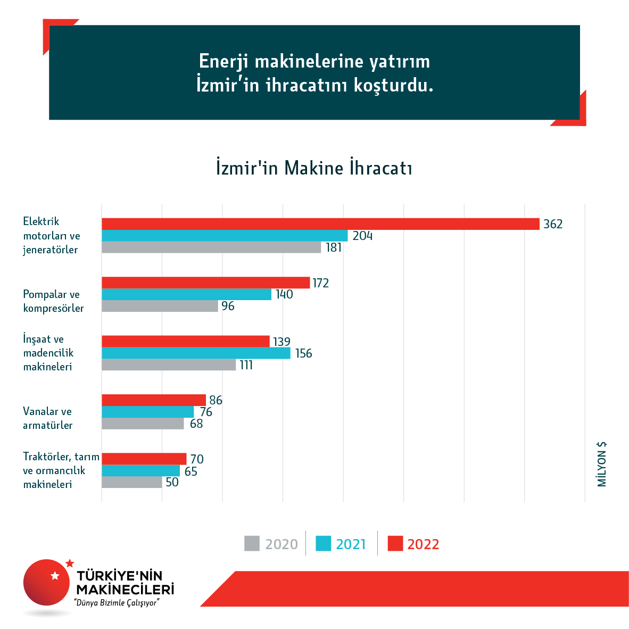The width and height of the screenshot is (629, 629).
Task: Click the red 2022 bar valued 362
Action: [320, 224]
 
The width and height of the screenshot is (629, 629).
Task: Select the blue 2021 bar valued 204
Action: [225, 236]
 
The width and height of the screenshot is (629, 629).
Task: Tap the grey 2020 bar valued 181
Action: [211, 247]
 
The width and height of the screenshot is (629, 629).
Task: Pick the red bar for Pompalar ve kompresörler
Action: [205, 283]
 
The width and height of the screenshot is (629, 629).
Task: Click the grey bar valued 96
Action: [160, 306]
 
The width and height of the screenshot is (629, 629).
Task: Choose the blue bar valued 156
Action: [196, 353]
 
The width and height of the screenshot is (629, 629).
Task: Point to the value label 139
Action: [282, 342]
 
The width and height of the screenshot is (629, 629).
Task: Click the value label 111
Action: [246, 365]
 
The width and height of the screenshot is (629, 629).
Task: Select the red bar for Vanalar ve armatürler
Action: [154, 400]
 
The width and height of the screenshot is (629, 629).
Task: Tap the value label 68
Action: [196, 424]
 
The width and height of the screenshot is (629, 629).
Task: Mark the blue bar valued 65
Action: [140, 471]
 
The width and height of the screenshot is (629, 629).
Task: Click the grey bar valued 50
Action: [131, 482]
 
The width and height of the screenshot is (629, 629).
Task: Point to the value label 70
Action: [197, 459]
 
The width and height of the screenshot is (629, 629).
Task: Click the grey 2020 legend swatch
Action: [252, 543]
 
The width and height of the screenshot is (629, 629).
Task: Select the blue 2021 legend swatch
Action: [324, 543]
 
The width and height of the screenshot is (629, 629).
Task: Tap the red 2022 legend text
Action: [423, 544]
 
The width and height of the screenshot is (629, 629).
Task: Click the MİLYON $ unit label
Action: [602, 464]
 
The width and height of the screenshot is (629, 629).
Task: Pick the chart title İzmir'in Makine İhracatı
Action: [314, 168]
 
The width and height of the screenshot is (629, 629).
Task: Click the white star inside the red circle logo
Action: [55, 575]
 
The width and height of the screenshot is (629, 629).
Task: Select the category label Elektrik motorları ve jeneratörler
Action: [52, 235]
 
